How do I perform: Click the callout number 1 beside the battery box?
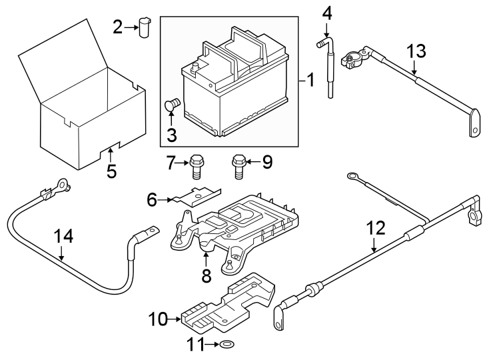[x=309, y=81]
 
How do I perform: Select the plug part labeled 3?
[x=172, y=104]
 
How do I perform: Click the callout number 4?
[x=326, y=13]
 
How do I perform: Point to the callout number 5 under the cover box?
[x=111, y=171]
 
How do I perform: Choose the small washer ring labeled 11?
[x=227, y=345]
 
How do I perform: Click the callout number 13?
[x=416, y=51]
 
